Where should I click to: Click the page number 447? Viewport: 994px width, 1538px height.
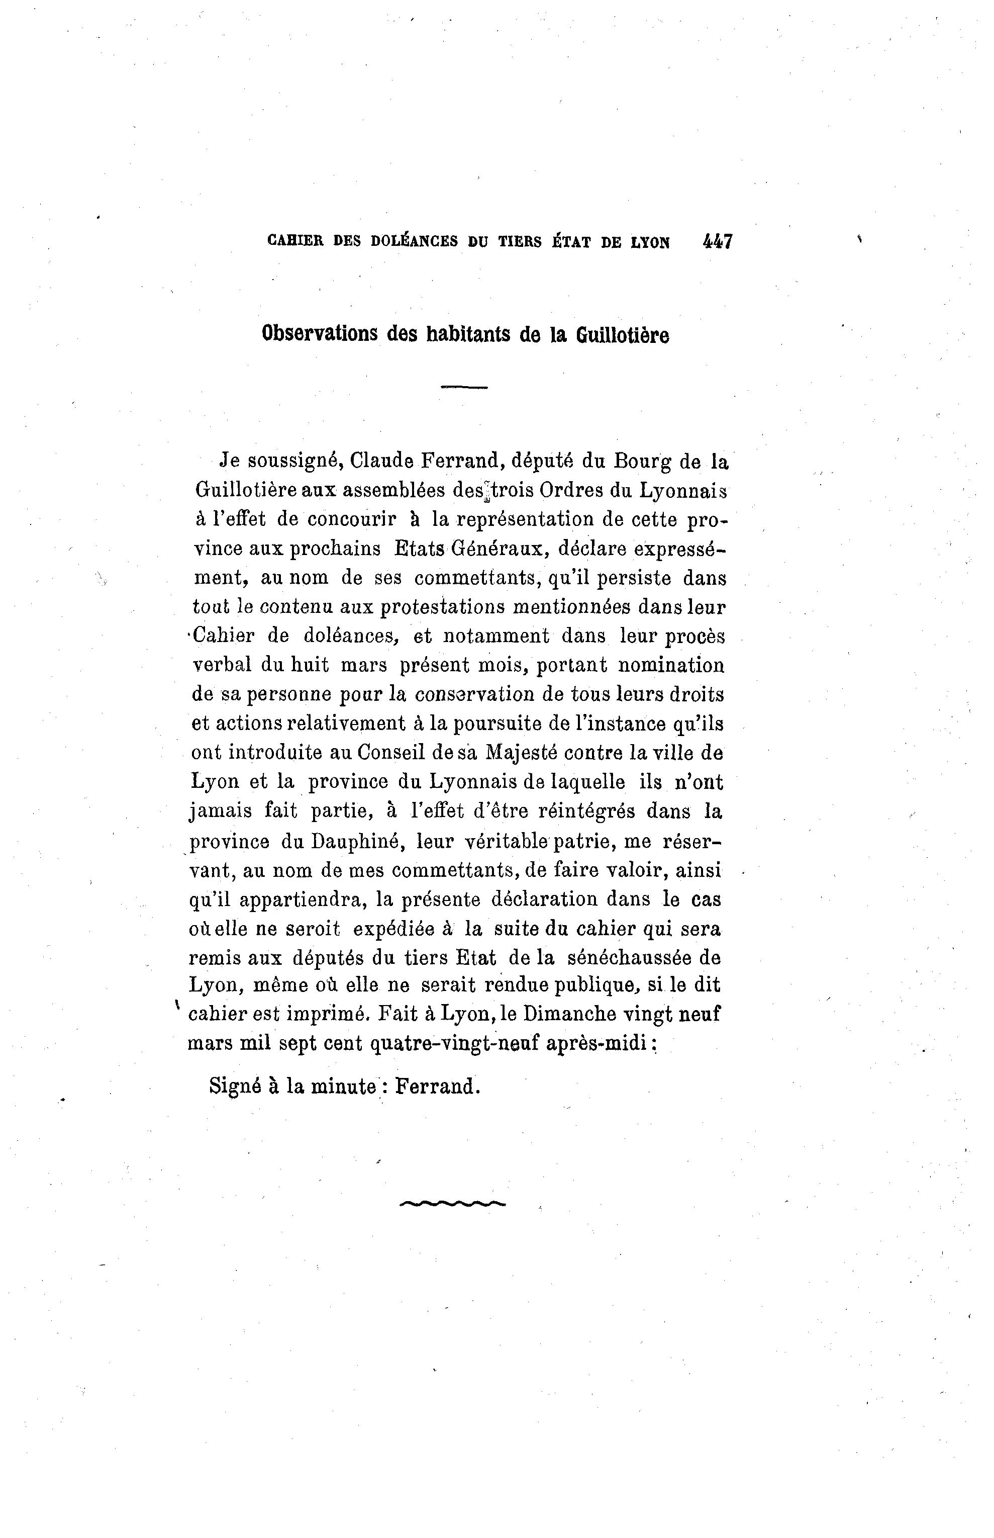[x=717, y=242]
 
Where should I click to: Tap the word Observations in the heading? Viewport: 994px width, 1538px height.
[x=320, y=334]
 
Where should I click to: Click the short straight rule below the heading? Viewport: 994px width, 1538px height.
[x=463, y=388]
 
